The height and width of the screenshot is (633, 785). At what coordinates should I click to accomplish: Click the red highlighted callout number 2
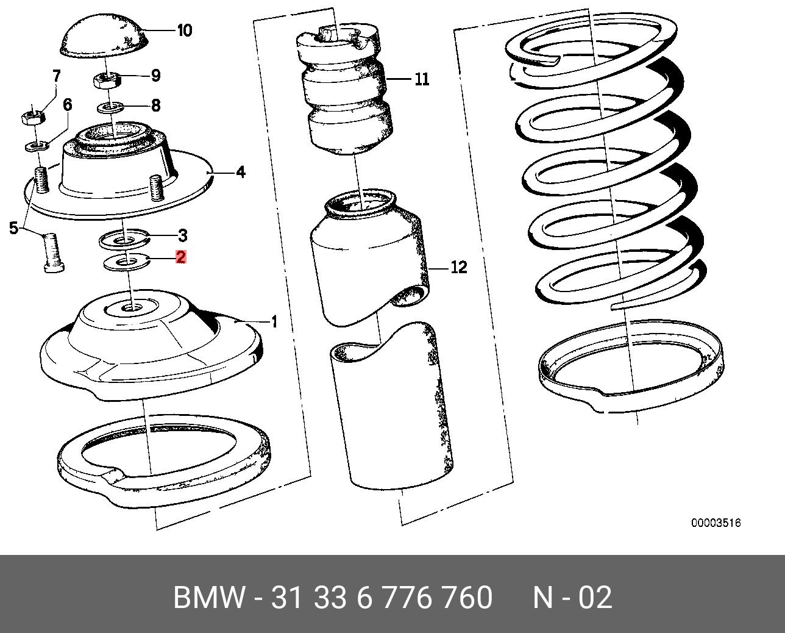180,257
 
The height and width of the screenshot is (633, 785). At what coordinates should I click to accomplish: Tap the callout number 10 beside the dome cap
184,30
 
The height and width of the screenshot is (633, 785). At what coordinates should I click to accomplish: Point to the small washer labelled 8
111,108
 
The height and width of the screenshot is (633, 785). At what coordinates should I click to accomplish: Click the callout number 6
67,105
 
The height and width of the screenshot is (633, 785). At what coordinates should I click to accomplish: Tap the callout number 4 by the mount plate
241,173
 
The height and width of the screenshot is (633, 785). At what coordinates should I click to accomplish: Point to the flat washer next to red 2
129,263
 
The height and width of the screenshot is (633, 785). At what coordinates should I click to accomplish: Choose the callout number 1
274,321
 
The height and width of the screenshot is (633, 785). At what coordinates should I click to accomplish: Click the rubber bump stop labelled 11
347,91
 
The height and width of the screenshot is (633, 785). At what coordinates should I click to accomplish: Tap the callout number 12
458,267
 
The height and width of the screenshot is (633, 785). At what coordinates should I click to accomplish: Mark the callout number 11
422,79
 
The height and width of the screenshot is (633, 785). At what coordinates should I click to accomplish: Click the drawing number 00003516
716,523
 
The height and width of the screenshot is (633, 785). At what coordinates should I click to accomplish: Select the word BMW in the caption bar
209,598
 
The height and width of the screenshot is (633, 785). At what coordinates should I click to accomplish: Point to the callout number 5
14,229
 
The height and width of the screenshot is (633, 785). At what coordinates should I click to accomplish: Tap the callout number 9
155,76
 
